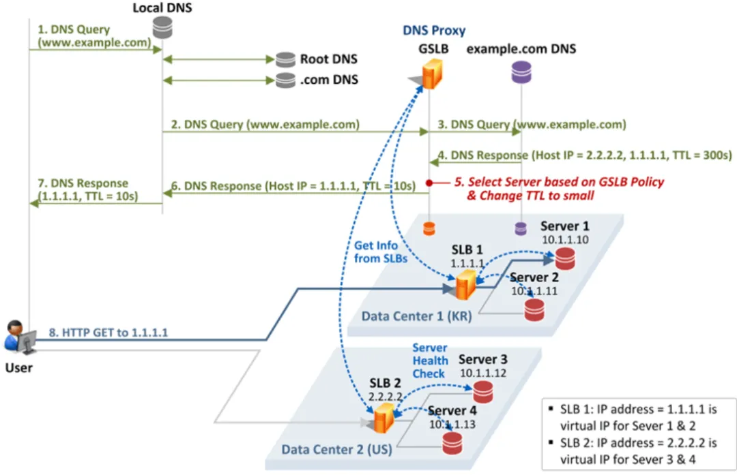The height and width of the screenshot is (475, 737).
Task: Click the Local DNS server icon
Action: pyautogui.click(x=162, y=27)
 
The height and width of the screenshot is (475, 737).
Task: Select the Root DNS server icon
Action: pyautogui.click(x=285, y=60)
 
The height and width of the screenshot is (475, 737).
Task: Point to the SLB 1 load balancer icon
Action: pyautogui.click(x=466, y=285)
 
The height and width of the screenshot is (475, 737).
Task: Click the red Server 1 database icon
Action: pyautogui.click(x=565, y=258)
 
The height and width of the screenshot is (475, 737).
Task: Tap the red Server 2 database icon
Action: pyautogui.click(x=534, y=309)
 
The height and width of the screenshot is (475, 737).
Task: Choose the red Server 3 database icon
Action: pyautogui.click(x=483, y=392)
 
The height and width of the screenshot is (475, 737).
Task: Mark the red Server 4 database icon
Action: pyautogui.click(x=452, y=443)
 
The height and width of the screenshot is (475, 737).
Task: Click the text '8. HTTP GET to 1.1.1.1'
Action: pyautogui.click(x=108, y=333)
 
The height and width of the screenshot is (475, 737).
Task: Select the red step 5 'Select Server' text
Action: pyautogui.click(x=558, y=189)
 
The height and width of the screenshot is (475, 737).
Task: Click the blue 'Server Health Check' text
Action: pyautogui.click(x=430, y=361)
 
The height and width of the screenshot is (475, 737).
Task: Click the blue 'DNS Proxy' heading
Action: pyautogui.click(x=434, y=31)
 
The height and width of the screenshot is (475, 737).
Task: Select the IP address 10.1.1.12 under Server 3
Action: pyautogui.click(x=483, y=373)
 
